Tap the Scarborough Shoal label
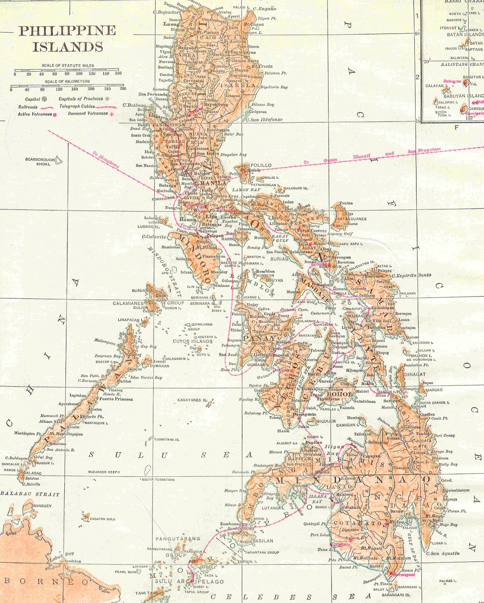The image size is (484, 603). (x=40, y=162)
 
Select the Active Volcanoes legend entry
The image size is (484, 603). (x=35, y=114)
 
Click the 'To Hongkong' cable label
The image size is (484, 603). (x=106, y=160)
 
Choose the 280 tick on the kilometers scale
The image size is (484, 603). (x=123, y=89)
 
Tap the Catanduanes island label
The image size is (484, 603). (x=351, y=219)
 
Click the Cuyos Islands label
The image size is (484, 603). (x=192, y=341)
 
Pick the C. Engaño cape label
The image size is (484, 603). (x=264, y=9)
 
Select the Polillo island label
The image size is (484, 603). (x=261, y=165)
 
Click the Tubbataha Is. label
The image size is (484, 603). (x=166, y=439)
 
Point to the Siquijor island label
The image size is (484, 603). (x=327, y=421)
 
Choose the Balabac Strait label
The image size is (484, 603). (x=30, y=494)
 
